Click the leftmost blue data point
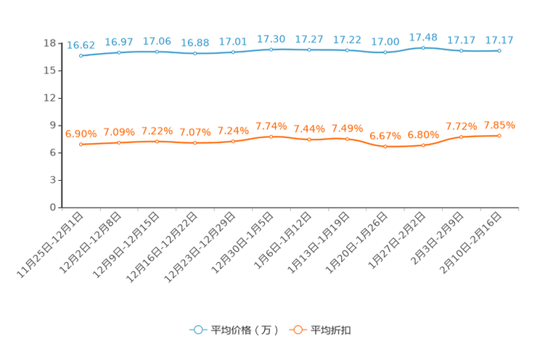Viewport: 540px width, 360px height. [81, 55]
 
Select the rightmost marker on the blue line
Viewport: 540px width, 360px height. [499, 51]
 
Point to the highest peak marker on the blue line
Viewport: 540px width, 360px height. [423, 47]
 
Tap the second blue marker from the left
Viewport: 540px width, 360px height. [119, 52]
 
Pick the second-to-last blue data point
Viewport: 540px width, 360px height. [461, 51]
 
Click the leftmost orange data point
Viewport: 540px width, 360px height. [81, 144]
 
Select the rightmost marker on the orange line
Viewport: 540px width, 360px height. [499, 135]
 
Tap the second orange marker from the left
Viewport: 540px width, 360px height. [119, 142]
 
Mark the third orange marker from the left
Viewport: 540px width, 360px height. [157, 141]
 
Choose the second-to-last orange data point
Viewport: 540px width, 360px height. [461, 136]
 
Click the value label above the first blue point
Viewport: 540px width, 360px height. [81, 44]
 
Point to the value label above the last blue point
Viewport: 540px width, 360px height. [499, 39]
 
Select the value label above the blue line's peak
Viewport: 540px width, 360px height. [423, 36]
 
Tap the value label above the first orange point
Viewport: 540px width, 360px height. [81, 133]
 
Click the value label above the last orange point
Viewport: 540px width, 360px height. [499, 125]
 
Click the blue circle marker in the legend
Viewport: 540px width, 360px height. [197, 330]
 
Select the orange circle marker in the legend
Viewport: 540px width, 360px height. [296, 330]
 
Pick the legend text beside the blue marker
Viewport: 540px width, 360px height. [244, 330]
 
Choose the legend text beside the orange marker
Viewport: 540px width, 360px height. [332, 330]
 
